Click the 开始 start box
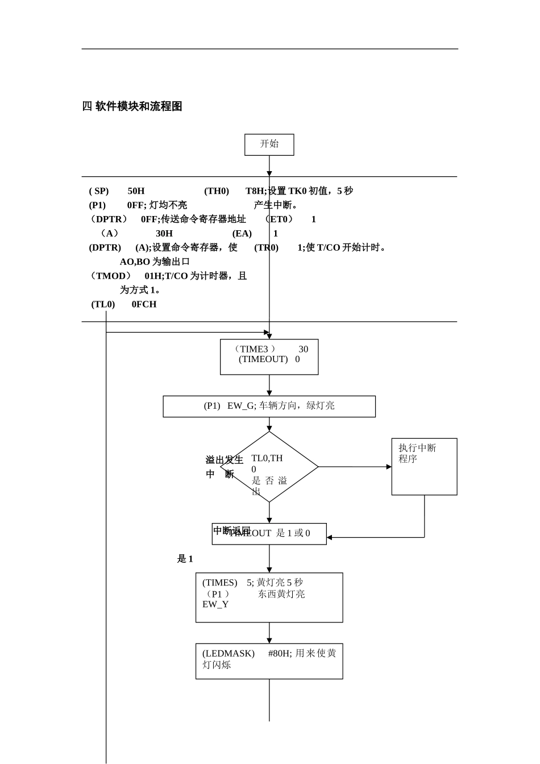click(269, 144)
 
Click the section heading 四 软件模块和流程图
click(132, 106)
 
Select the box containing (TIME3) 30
click(269, 356)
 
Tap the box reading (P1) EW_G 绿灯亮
click(269, 406)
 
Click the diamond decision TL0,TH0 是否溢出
click(269, 467)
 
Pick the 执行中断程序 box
click(424, 466)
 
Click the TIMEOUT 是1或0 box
click(269, 534)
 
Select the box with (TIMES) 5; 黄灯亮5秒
click(269, 597)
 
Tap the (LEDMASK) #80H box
click(269, 661)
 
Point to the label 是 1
click(185, 559)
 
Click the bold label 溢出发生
click(224, 460)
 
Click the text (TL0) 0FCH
click(124, 304)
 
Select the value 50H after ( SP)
click(136, 191)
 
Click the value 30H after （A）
click(164, 234)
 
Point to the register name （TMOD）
click(110, 276)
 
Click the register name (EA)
click(242, 234)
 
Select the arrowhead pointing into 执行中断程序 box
click(389, 467)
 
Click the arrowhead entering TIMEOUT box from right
click(330, 537)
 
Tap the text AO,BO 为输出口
click(155, 261)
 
